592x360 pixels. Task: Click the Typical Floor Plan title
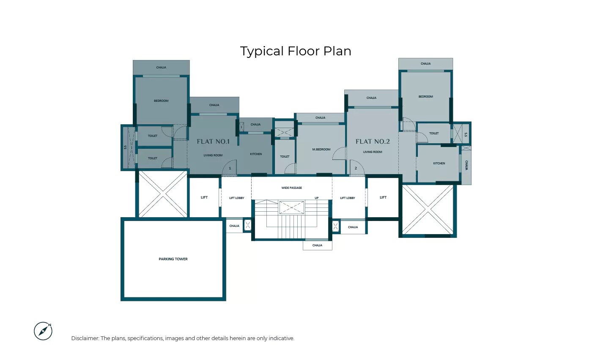pos(296,51)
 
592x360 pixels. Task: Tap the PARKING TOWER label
pos(173,259)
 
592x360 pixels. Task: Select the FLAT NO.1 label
pos(213,142)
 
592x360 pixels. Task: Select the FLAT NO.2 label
pos(373,142)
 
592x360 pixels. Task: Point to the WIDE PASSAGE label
pos(292,188)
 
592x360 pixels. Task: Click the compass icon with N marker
pos(43,331)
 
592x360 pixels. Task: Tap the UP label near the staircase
pos(316,198)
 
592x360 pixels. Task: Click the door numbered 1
pos(230,168)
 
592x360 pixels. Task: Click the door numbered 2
pos(356,168)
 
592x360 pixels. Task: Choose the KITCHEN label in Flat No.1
pos(256,154)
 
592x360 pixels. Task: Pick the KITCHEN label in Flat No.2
pos(439,163)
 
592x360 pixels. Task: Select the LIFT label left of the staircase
pos(204,197)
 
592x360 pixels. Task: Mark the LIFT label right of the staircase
pos(383,197)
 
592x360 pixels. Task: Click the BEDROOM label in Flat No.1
pos(161,101)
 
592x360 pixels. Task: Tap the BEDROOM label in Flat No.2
pos(426,96)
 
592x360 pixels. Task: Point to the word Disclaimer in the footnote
pos(85,338)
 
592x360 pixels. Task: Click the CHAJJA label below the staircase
pos(317,245)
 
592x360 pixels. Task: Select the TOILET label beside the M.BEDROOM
pos(285,156)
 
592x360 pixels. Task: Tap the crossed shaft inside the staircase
pos(291,207)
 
